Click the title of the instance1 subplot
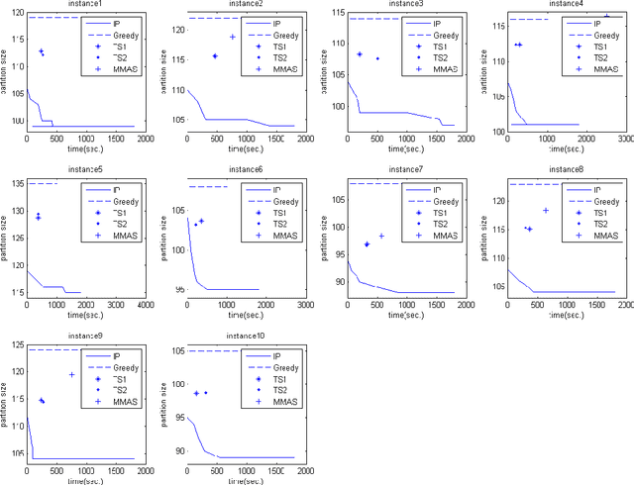pos(85,6)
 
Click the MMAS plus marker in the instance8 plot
pos(545,210)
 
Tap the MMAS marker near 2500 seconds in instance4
pos(606,16)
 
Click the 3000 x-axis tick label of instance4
pos(624,141)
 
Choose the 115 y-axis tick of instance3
pos(336,17)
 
